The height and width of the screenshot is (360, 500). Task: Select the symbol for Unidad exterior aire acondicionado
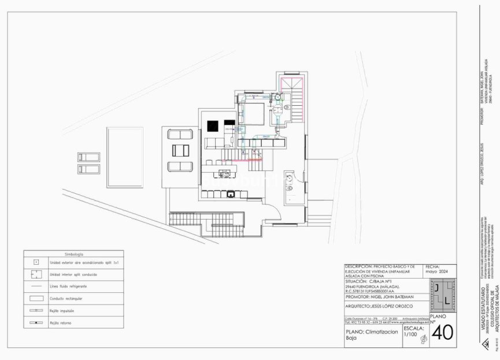click(x=36, y=262)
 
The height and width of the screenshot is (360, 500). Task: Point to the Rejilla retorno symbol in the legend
click(x=36, y=322)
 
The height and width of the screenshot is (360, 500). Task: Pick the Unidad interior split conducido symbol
click(x=36, y=274)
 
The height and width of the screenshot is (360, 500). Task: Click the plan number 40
click(x=442, y=333)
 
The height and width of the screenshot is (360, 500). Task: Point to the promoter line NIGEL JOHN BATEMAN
click(x=394, y=296)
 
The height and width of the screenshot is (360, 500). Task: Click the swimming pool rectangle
click(x=124, y=157)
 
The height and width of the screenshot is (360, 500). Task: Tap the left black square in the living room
click(x=212, y=125)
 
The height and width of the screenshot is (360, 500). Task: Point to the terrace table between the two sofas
click(x=180, y=150)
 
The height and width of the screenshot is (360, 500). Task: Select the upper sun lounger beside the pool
click(x=88, y=157)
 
